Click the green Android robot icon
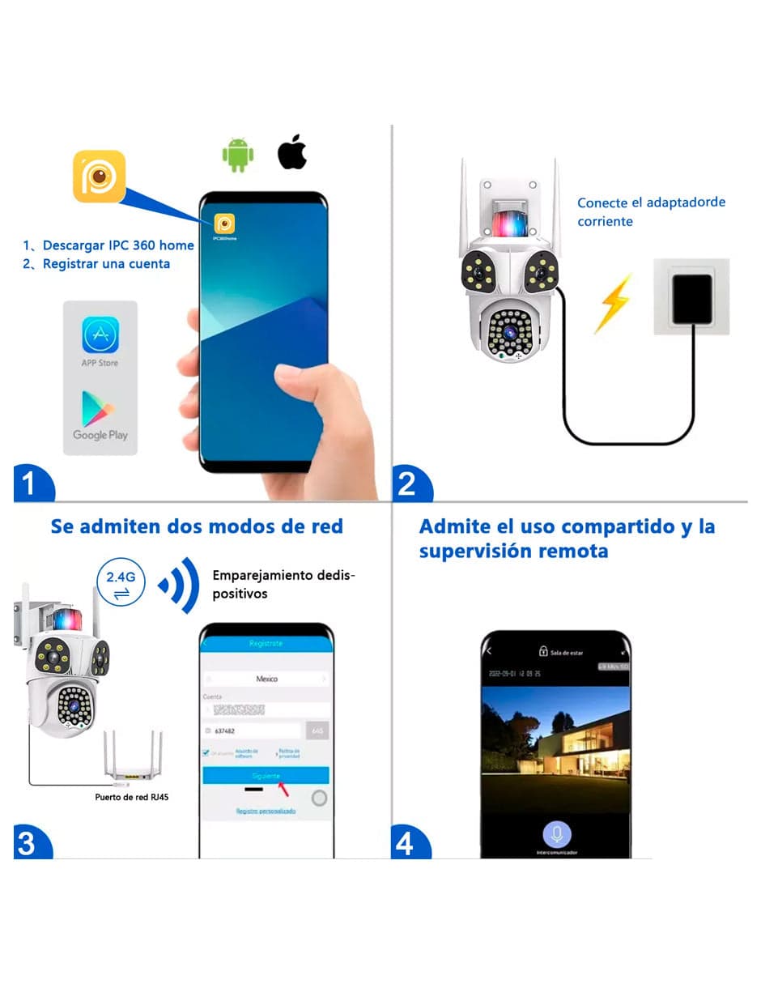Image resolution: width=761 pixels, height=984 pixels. pos(237,155)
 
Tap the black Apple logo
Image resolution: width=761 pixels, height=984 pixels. pos(292,153)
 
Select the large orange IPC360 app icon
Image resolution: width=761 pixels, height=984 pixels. pos(99,176)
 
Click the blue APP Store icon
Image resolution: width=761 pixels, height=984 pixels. pos(100,335)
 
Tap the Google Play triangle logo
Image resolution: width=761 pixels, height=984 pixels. pos(97,408)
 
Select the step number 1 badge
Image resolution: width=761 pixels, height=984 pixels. pos(30,484)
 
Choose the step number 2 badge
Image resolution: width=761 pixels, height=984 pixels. pos(408,484)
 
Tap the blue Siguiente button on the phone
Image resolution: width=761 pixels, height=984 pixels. pos(266,775)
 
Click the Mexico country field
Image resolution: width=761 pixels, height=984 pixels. pos(266,679)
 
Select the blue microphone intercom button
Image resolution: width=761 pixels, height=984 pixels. pos(556,833)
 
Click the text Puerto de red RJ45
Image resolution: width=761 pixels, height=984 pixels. pos(132,797)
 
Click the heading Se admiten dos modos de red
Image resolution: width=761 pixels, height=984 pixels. pos(197,526)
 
